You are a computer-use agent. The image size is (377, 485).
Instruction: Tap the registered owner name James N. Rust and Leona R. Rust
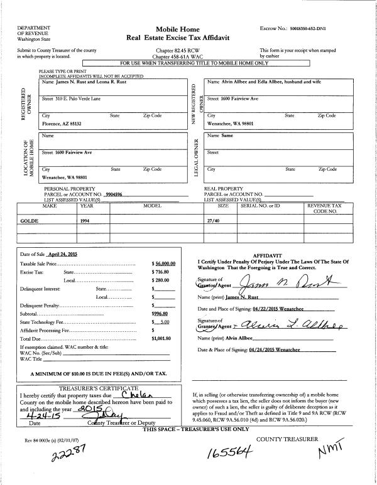tap(87, 82)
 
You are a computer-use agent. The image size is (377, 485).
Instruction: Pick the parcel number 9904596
tap(117, 195)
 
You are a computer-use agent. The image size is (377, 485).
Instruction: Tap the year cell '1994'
tap(87, 221)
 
